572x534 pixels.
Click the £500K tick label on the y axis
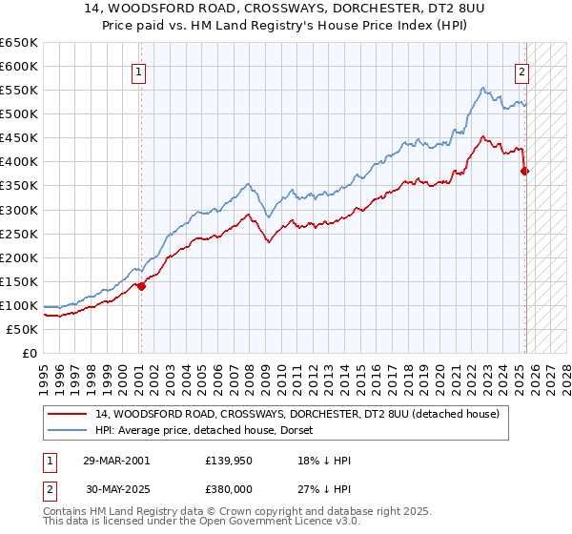click(19, 114)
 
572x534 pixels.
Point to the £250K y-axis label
click(19, 234)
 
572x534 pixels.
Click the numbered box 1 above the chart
click(139, 71)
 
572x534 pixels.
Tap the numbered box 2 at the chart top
click(522, 71)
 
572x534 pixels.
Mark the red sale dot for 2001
click(141, 285)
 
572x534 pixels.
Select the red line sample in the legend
click(68, 414)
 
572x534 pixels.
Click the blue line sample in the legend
click(68, 430)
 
